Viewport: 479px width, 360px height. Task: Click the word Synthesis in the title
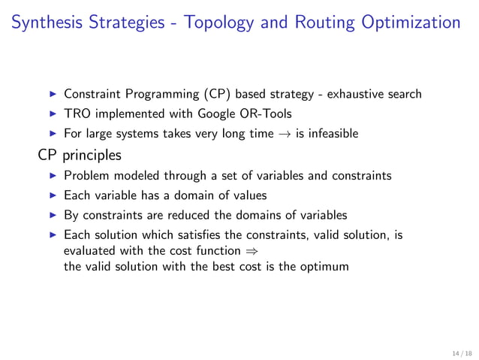(50, 23)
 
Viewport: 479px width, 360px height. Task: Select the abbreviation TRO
(77, 114)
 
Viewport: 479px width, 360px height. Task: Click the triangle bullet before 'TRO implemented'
(52, 114)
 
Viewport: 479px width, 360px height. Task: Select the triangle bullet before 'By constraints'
(52, 216)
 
